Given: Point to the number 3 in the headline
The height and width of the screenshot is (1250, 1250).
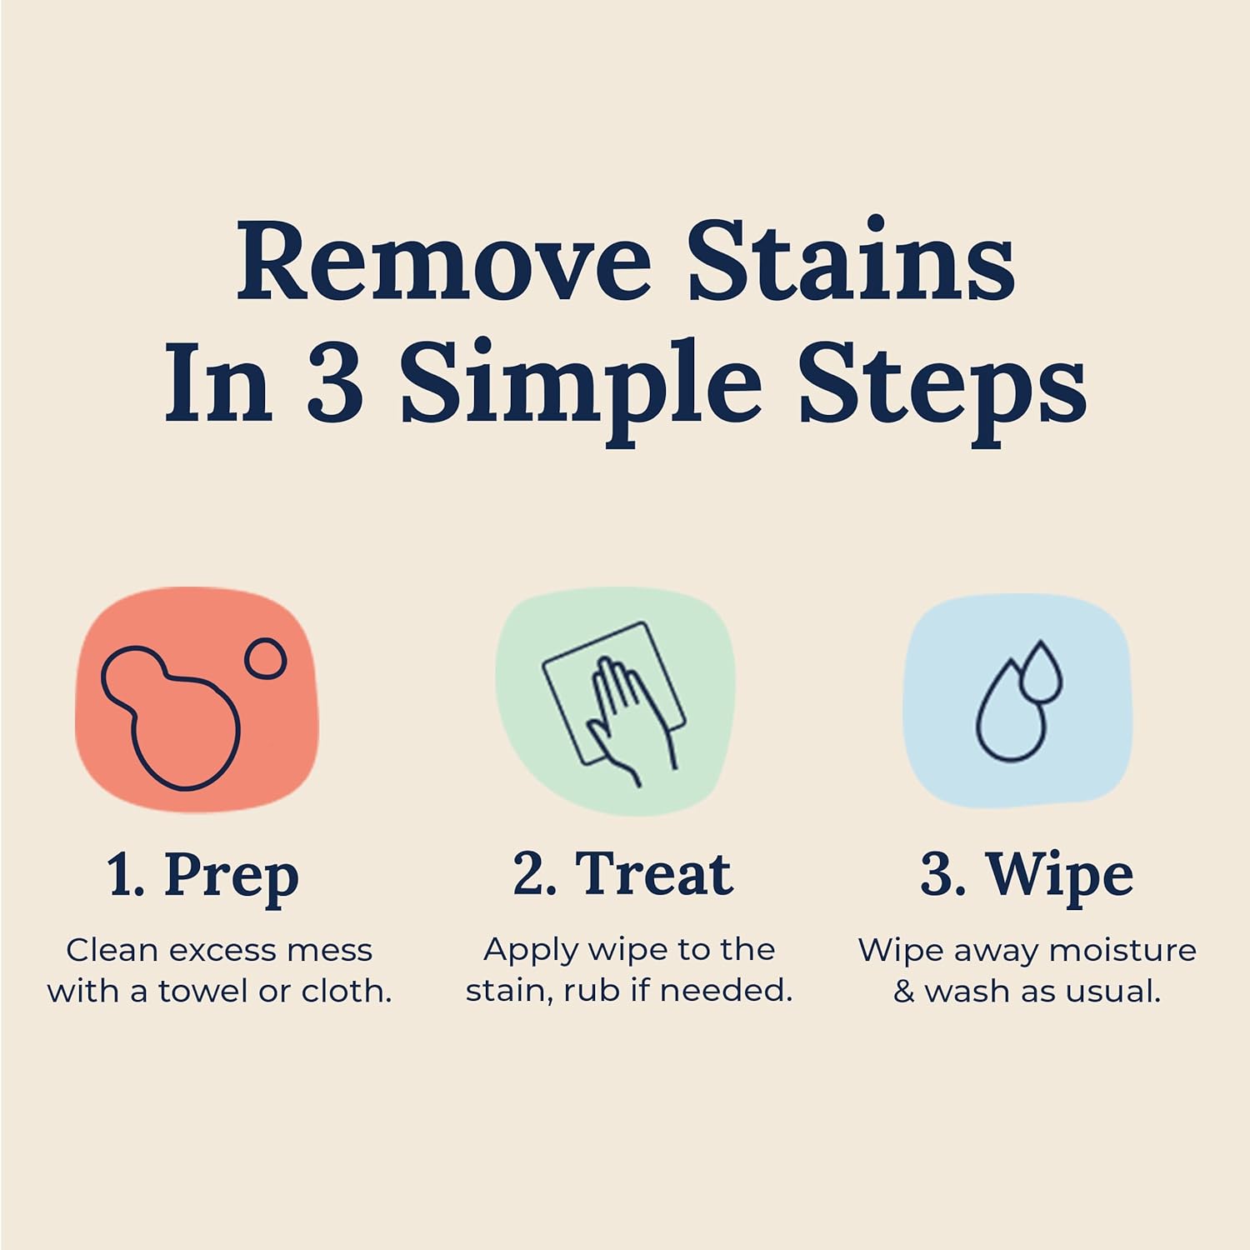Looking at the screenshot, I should click(x=334, y=384).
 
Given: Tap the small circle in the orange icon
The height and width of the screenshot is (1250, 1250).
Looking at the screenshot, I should click(x=265, y=659).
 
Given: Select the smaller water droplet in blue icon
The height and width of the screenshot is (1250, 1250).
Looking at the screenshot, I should click(x=1041, y=672).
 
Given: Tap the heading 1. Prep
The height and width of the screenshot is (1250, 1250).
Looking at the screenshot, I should click(x=202, y=876).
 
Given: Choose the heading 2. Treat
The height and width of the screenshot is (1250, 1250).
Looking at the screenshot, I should click(x=622, y=874).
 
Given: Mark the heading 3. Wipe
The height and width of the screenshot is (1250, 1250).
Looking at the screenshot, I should click(x=1027, y=875).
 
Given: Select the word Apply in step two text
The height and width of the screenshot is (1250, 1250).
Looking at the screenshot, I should click(x=530, y=951).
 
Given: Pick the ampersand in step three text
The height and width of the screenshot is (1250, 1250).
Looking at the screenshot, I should click(x=903, y=992).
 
